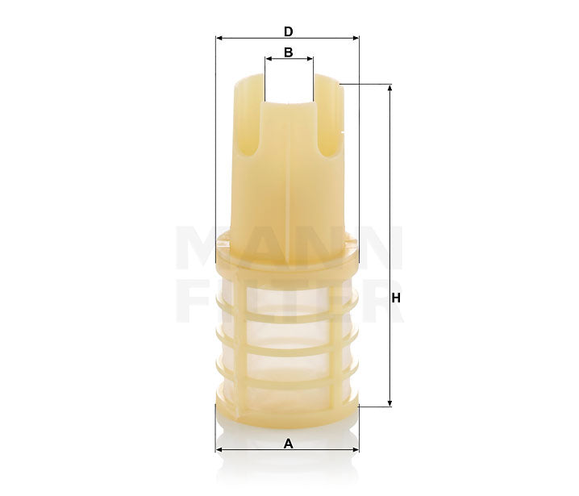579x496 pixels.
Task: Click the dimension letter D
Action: coord(288,31)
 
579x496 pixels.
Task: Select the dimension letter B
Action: coord(288,52)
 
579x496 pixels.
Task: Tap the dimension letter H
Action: coord(396,298)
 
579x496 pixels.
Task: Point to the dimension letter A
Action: coord(288,443)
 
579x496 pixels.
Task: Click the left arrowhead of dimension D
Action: coord(219,38)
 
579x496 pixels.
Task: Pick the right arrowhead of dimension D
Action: coord(355,38)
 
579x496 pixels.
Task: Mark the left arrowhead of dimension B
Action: coord(268,59)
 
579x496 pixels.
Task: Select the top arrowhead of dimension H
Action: coord(390,87)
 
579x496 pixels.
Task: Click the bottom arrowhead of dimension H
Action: coord(390,402)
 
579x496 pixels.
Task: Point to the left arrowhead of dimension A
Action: coord(219,450)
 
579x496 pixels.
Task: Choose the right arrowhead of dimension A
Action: coord(355,450)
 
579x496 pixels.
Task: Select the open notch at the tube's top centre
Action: coord(288,89)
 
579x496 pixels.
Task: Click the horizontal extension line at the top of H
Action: coord(367,84)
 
